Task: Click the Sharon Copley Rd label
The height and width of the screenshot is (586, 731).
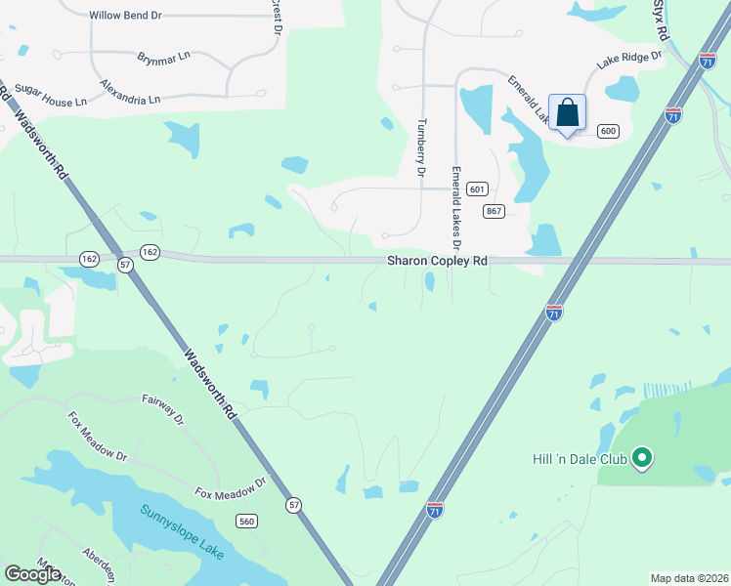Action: click(x=437, y=261)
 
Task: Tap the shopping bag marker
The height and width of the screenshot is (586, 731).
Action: click(x=567, y=114)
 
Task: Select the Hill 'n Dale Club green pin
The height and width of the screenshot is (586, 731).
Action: click(x=642, y=457)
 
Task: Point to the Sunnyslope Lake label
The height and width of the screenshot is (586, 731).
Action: click(x=182, y=533)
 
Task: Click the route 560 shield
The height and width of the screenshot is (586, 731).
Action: click(x=246, y=523)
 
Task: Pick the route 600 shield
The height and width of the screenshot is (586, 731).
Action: click(x=608, y=131)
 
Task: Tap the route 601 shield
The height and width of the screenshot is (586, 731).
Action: click(x=477, y=188)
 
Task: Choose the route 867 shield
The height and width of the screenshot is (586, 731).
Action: click(x=494, y=211)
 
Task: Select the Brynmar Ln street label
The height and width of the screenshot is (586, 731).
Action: click(x=164, y=58)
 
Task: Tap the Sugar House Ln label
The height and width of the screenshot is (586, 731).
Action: click(x=51, y=94)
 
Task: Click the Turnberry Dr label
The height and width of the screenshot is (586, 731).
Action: click(x=422, y=146)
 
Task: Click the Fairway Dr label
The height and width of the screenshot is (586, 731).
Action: click(x=163, y=408)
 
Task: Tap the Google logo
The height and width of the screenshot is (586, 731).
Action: click(x=32, y=574)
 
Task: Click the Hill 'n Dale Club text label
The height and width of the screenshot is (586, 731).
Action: click(x=579, y=457)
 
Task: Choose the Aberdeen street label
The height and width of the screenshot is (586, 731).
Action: click(x=102, y=564)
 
